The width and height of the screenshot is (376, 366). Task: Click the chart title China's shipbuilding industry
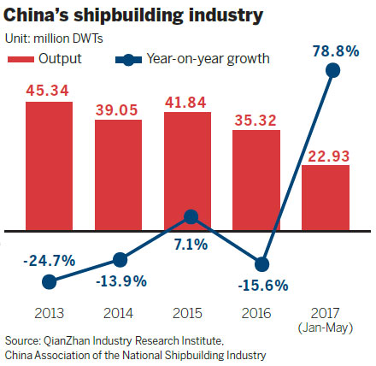(x=135, y=16)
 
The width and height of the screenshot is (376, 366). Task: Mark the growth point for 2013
(x=49, y=280)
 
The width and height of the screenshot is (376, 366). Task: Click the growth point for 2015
(x=192, y=217)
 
